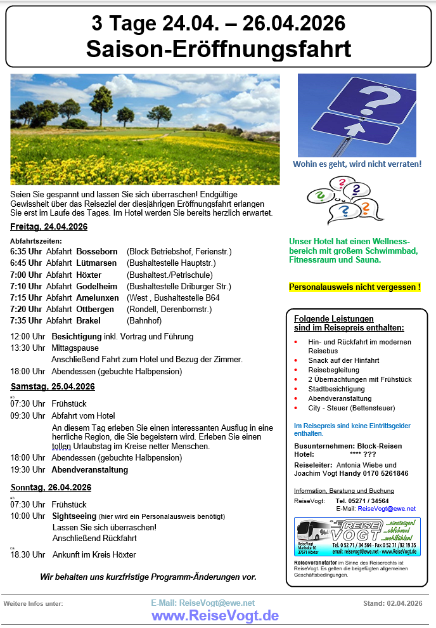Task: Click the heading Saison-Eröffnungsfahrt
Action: pyautogui.click(x=218, y=48)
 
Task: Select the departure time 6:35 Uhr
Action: pyautogui.click(x=26, y=251)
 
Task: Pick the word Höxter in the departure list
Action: pyautogui.click(x=89, y=275)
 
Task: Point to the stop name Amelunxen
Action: pyautogui.click(x=98, y=298)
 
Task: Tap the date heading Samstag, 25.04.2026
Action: pyautogui.click(x=53, y=386)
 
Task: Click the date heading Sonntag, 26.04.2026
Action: pyautogui.click(x=51, y=487)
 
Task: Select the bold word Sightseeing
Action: pyautogui.click(x=74, y=516)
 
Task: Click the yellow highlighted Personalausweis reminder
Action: pyautogui.click(x=354, y=287)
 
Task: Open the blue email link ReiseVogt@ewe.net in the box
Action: pyautogui.click(x=387, y=509)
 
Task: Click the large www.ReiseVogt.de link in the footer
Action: pyautogui.click(x=215, y=615)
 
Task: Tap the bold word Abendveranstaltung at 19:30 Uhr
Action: pyautogui.click(x=89, y=469)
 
